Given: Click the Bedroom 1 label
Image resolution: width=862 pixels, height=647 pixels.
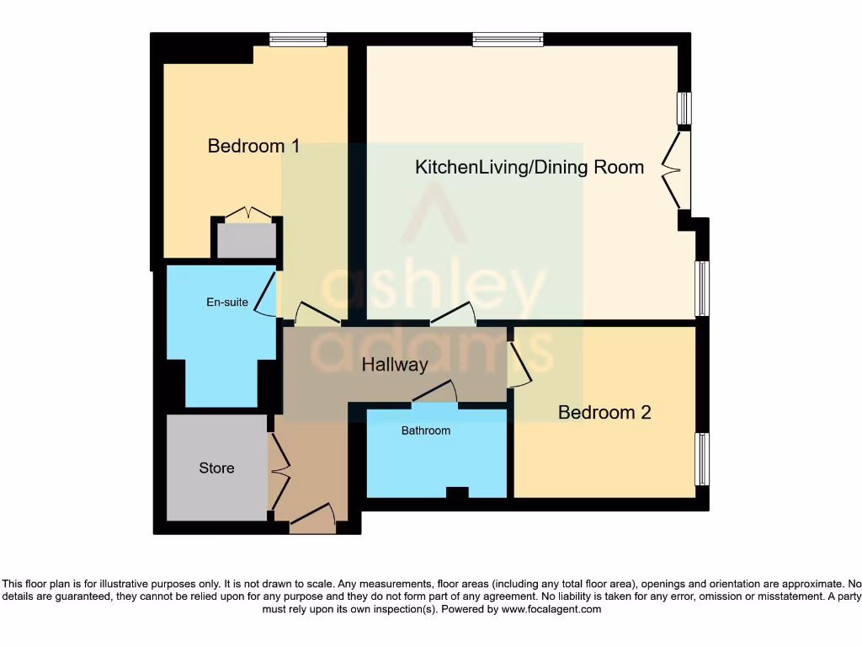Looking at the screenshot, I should pyautogui.click(x=253, y=146).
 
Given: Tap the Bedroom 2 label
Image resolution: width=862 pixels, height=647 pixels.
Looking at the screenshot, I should pyautogui.click(x=604, y=412).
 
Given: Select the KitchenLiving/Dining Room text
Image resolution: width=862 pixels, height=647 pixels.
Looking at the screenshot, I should pyautogui.click(x=529, y=167).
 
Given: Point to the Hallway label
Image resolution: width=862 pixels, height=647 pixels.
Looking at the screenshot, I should pyautogui.click(x=395, y=365).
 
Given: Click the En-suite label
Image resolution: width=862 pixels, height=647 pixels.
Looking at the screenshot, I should pyautogui.click(x=228, y=302).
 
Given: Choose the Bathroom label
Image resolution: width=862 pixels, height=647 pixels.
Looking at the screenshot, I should pyautogui.click(x=425, y=430).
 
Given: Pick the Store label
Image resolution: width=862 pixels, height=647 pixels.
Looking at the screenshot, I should pyautogui.click(x=216, y=468).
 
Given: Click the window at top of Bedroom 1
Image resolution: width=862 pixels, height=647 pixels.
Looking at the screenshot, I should pyautogui.click(x=298, y=39).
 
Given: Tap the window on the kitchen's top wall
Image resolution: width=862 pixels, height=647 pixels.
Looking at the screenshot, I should pyautogui.click(x=508, y=39).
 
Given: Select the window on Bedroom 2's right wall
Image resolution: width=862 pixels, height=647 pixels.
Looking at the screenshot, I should pyautogui.click(x=701, y=459).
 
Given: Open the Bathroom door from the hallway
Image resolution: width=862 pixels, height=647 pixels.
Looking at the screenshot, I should pyautogui.click(x=434, y=393).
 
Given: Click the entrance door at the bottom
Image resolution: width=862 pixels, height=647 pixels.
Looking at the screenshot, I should pyautogui.click(x=312, y=516).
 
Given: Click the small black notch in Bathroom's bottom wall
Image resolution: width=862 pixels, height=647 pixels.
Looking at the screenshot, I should pyautogui.click(x=457, y=493).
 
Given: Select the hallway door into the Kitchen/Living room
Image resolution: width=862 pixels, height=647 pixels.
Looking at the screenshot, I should pyautogui.click(x=453, y=315).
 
